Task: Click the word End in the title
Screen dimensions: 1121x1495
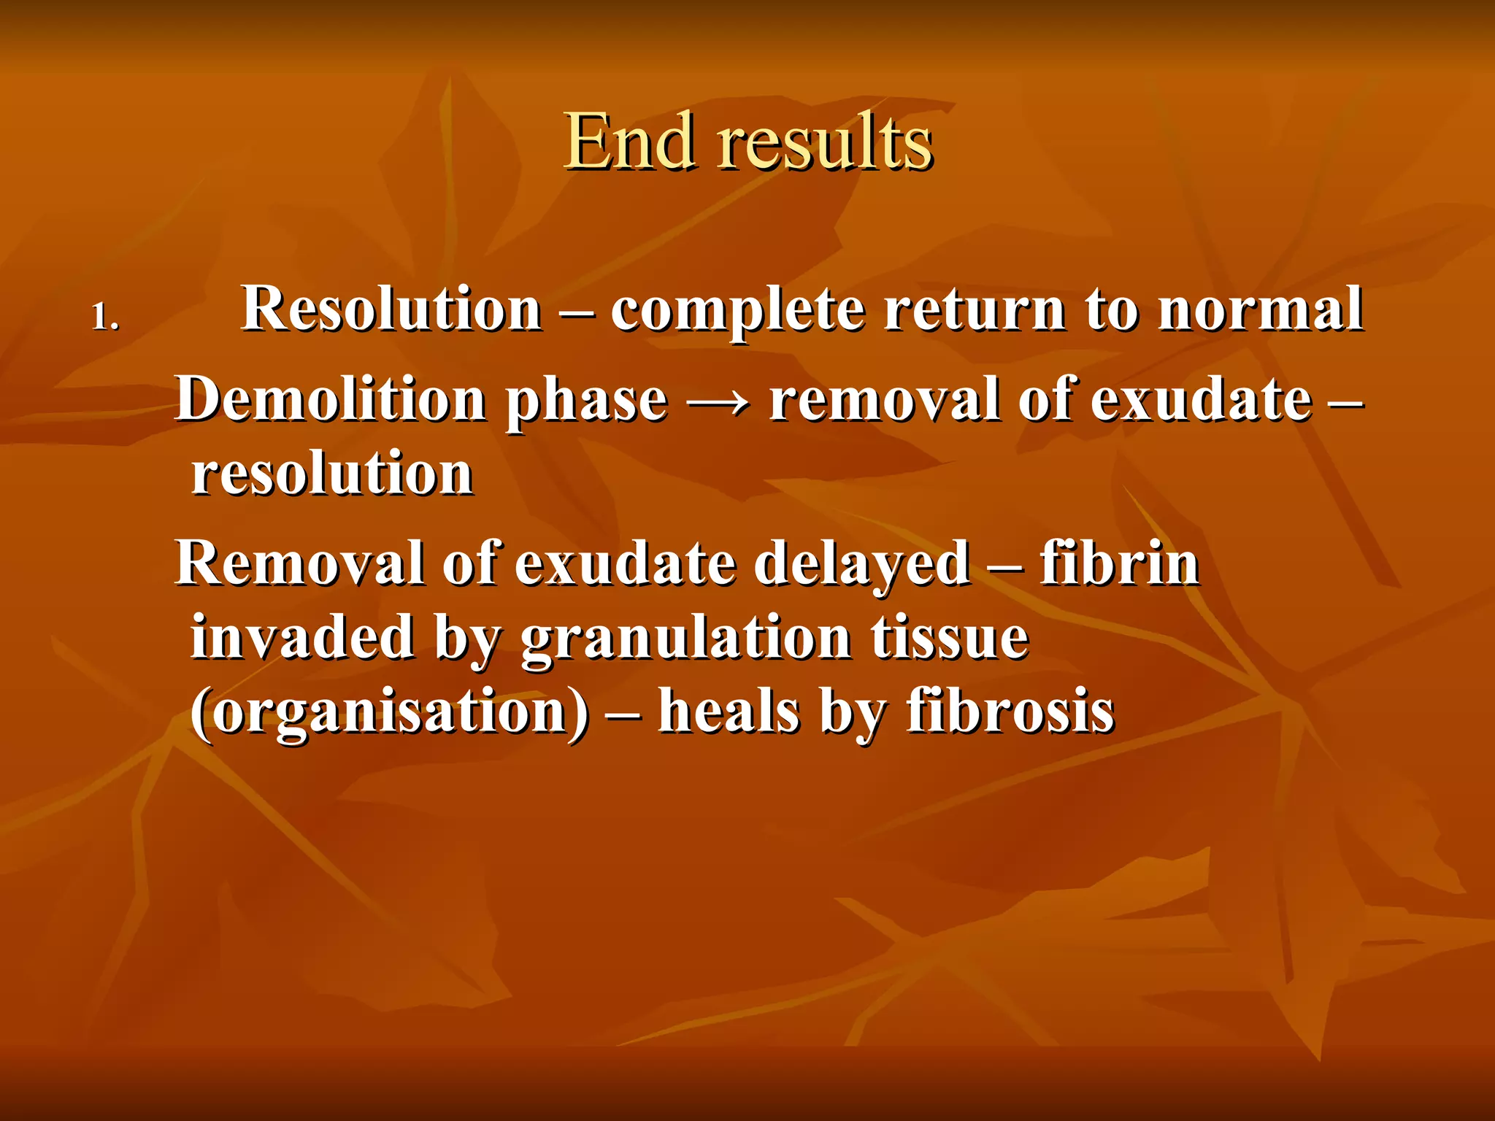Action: coord(629,142)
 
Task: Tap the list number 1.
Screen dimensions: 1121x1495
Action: coord(104,318)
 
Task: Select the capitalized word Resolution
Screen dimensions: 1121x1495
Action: coord(391,309)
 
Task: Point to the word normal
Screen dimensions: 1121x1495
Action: coord(1261,309)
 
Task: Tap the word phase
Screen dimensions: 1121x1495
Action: coord(587,403)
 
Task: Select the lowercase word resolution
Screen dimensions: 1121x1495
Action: coord(333,474)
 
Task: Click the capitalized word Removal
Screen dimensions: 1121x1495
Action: coord(299,563)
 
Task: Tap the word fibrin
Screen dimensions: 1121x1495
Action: coord(1120,563)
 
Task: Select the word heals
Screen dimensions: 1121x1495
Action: coord(729,712)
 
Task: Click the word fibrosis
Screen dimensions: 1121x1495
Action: coord(1010,712)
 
